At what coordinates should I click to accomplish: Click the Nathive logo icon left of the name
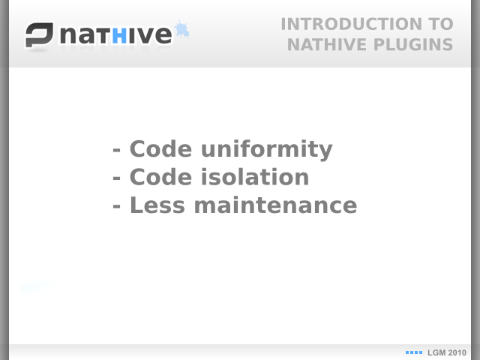(39, 35)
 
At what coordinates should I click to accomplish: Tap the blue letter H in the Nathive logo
(119, 35)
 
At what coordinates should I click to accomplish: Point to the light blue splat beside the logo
(182, 30)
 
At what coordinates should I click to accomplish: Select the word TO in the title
(441, 24)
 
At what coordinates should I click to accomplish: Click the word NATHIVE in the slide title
(327, 45)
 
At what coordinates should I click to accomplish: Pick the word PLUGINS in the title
(413, 45)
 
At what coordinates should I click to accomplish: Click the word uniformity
(267, 149)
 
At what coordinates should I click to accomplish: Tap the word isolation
(255, 177)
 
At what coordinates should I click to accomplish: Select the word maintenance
(275, 205)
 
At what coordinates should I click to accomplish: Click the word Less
(157, 205)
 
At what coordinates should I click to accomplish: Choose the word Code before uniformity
(160, 148)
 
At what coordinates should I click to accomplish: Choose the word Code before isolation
(160, 177)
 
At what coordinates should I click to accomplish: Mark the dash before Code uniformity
(117, 151)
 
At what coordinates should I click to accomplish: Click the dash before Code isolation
(117, 178)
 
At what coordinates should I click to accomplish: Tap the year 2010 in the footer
(457, 353)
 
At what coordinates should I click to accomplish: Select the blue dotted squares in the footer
(414, 352)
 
